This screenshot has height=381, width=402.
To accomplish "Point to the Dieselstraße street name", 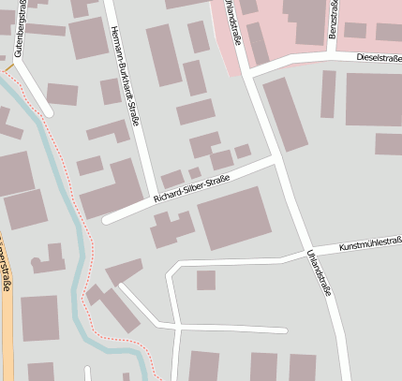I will (x=379, y=57).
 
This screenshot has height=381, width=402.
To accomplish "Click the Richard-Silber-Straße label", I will (x=191, y=186).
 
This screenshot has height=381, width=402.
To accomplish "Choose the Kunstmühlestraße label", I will (x=370, y=242).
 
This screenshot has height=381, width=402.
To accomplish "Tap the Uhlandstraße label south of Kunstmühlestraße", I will (x=319, y=272).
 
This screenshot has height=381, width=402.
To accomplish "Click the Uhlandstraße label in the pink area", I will (x=230, y=19).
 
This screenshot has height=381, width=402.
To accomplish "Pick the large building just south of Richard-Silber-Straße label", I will (x=233, y=217).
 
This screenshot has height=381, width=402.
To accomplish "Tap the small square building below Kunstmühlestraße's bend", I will (x=205, y=280).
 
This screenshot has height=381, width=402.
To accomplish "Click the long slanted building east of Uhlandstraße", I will (x=284, y=113).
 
